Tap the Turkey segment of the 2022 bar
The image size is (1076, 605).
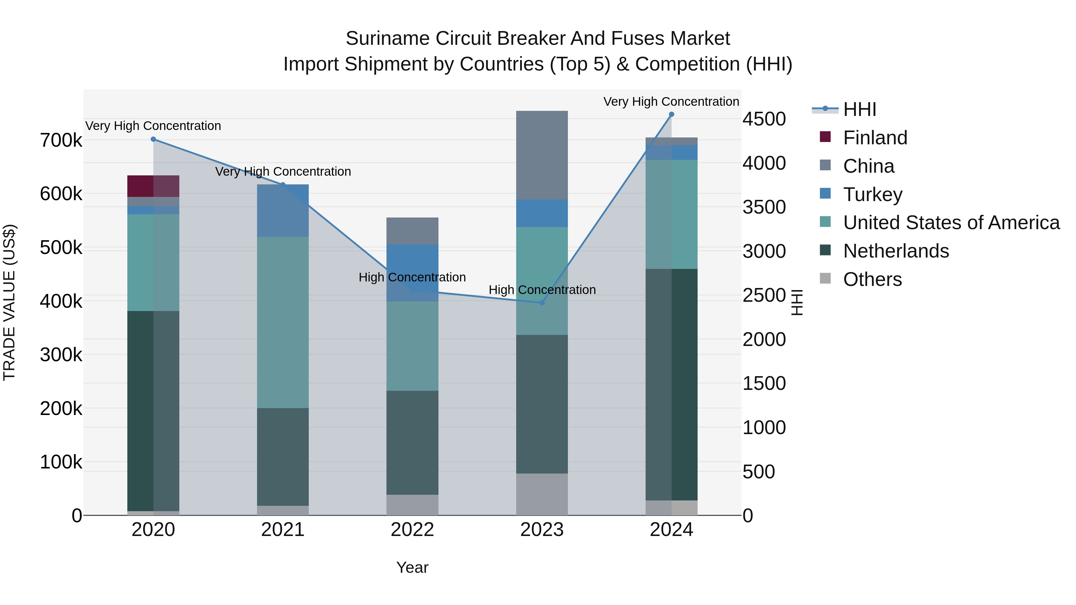point(412,259)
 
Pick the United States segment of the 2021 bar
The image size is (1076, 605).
point(283,322)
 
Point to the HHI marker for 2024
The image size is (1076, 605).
point(671,114)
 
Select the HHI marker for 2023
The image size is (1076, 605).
point(542,303)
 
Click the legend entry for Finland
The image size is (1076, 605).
point(875,138)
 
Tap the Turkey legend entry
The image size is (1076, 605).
point(872,194)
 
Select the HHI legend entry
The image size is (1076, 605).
point(859,109)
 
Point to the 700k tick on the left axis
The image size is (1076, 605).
point(61,140)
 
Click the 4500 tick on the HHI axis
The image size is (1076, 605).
point(764,119)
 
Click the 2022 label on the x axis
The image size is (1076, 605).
point(412,530)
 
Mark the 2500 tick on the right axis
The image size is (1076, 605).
point(764,295)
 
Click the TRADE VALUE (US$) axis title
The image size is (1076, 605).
point(9,302)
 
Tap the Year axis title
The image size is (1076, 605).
point(412,567)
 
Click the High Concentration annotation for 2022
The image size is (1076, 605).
point(412,277)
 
